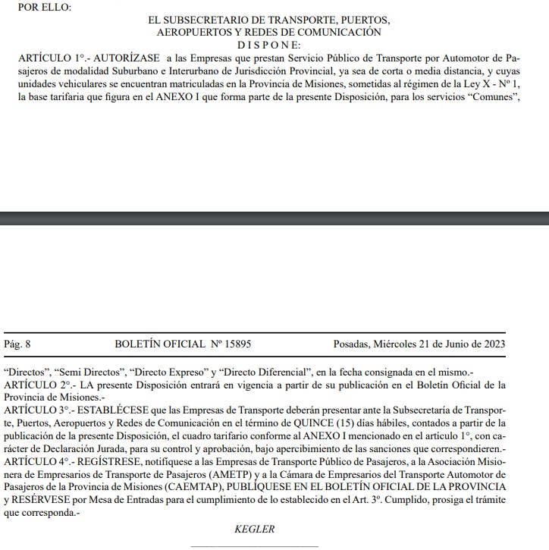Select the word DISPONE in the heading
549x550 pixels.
[x=274, y=45]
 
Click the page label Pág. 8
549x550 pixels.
[x=17, y=344]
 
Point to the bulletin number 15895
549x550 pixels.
[x=234, y=344]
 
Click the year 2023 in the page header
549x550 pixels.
[x=492, y=344]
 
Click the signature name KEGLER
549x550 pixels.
[x=254, y=529]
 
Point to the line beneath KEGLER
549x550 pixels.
[x=254, y=546]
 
